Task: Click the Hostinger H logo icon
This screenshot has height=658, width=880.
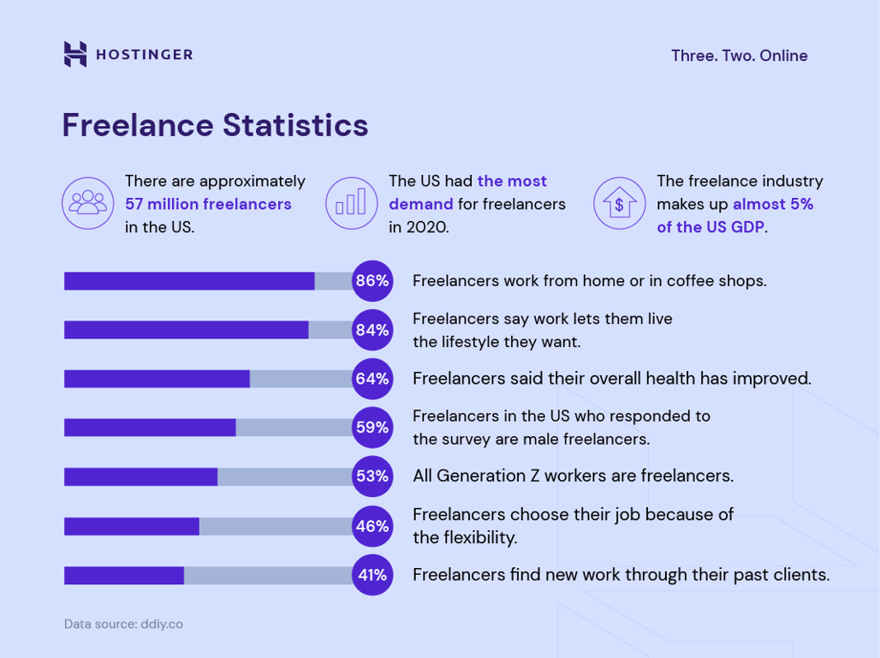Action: (x=75, y=54)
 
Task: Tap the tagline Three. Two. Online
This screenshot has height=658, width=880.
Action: (x=739, y=56)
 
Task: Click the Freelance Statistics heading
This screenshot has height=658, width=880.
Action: (x=215, y=125)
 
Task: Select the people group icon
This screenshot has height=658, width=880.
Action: (x=88, y=203)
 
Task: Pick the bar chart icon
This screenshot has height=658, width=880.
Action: (x=351, y=203)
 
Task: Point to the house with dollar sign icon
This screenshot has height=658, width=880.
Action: (x=619, y=203)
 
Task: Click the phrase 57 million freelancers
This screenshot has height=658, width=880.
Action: (x=208, y=204)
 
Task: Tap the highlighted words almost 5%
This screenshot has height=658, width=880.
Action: (x=773, y=204)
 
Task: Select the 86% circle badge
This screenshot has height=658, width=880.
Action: (x=372, y=281)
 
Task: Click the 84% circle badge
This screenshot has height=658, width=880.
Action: (x=372, y=330)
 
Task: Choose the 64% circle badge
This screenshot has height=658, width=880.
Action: (x=372, y=379)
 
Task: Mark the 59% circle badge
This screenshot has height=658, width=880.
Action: (x=372, y=427)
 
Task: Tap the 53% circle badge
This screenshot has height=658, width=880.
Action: (x=372, y=476)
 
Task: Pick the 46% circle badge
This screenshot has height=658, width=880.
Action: (x=372, y=526)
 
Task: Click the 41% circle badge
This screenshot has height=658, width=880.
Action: (x=372, y=575)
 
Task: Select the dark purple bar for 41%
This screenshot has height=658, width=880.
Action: (x=124, y=575)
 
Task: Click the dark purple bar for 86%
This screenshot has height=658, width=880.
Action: (x=189, y=281)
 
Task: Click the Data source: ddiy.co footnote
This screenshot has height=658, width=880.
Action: (x=123, y=624)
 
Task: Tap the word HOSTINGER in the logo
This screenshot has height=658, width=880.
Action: (x=144, y=55)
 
